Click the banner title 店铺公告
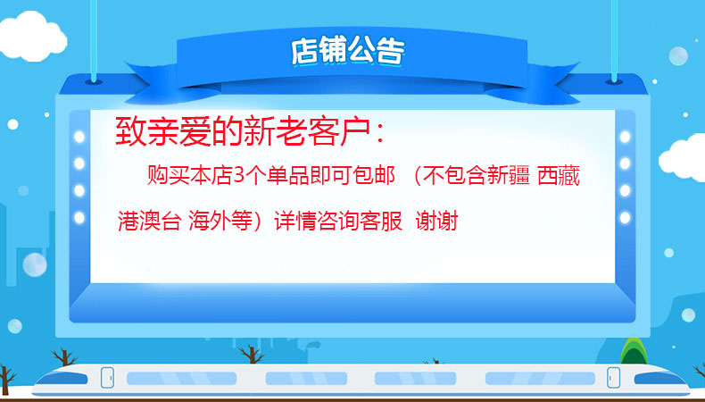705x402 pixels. tap(347, 50)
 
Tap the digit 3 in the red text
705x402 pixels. tap(239, 175)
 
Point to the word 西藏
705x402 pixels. tap(559, 175)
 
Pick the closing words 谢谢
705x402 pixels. tap(436, 222)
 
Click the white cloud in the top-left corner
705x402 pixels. tap(32, 36)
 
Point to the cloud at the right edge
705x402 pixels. tap(683, 158)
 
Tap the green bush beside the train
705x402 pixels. tap(634, 352)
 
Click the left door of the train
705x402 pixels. tap(107, 377)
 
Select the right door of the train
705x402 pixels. tap(613, 377)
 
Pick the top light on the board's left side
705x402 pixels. tap(79, 137)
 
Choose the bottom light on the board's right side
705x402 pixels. tap(625, 218)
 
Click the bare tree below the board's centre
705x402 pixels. tap(251, 355)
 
